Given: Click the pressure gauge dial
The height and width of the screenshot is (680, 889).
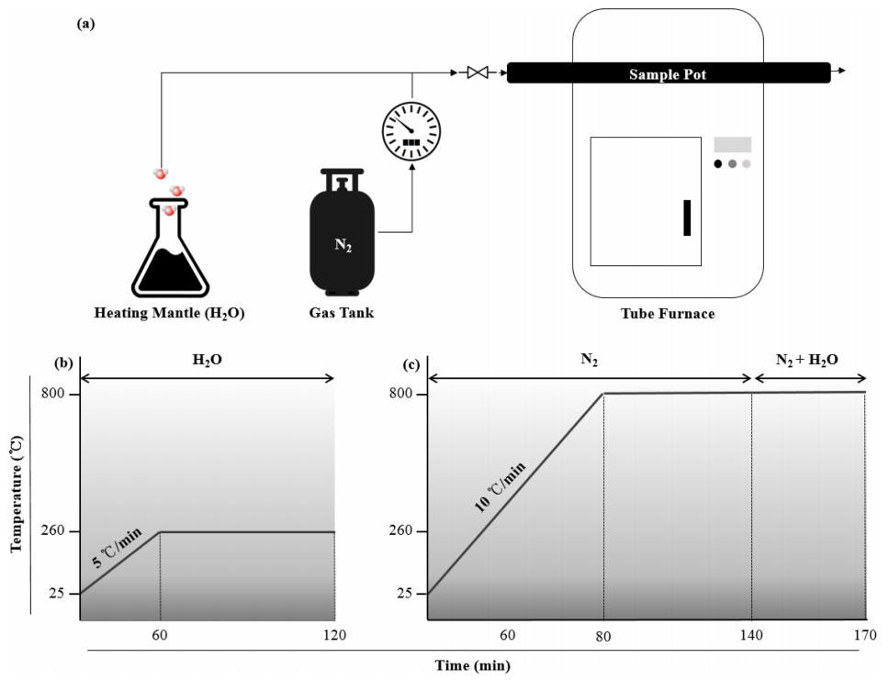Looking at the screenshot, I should (411, 130).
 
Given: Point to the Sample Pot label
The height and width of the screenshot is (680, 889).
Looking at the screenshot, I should (668, 73).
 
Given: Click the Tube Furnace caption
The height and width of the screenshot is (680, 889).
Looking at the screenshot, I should (668, 314).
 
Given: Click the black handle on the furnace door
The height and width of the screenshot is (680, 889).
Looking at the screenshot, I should (687, 217).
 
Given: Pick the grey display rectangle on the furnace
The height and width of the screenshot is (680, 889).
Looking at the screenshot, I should (732, 144).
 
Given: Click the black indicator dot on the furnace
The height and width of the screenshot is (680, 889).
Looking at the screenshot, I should (718, 164).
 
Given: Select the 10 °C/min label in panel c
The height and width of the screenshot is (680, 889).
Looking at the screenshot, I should (500, 487).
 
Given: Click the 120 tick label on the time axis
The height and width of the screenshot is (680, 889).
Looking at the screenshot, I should (334, 635).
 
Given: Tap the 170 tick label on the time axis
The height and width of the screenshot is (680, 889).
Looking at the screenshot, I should (863, 635).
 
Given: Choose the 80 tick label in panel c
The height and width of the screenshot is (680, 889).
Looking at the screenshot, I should (603, 635).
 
